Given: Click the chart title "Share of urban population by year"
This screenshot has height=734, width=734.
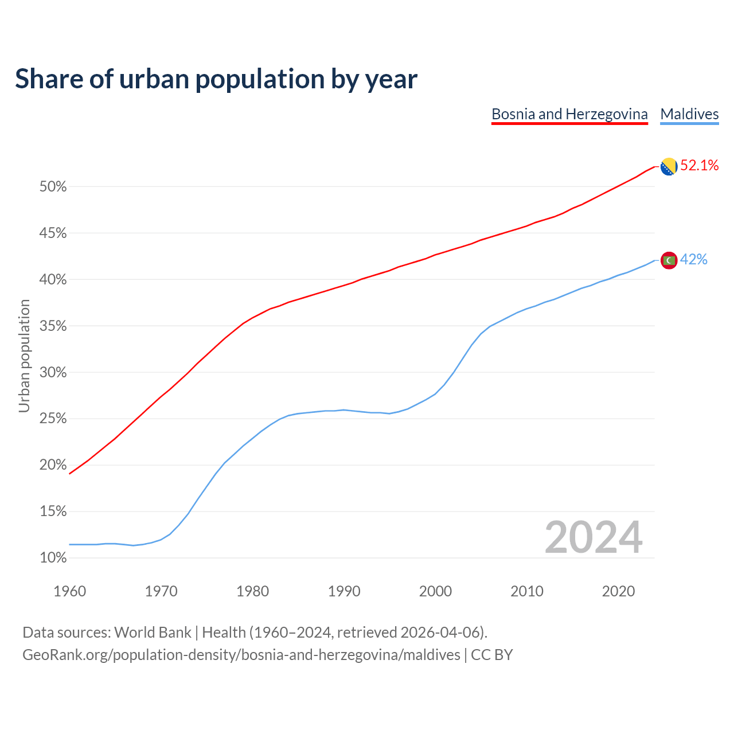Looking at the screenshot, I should click(216, 79).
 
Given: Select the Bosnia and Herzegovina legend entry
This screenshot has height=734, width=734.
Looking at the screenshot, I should click(569, 114).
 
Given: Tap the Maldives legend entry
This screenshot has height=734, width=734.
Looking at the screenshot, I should click(689, 114).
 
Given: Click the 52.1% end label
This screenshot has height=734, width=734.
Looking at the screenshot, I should click(699, 166).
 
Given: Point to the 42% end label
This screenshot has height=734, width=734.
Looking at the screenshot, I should click(693, 260).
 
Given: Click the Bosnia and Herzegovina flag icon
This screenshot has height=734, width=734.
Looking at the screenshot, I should click(669, 166).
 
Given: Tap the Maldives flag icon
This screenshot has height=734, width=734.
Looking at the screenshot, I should click(669, 260).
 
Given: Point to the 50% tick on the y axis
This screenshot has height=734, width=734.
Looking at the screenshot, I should click(53, 187).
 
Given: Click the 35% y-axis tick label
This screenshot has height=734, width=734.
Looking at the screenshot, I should click(53, 326).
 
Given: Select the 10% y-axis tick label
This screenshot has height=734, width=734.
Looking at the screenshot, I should click(53, 558).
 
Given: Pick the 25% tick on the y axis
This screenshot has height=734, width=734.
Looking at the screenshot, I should click(53, 419).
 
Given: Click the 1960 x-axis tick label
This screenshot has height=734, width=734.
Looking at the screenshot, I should click(69, 591).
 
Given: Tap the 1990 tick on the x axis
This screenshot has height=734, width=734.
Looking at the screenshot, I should click(344, 591).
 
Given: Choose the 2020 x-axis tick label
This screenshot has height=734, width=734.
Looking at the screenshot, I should click(618, 591).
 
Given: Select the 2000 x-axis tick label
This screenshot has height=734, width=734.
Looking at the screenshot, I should click(435, 591).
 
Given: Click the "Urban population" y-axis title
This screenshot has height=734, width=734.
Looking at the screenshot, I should click(24, 356).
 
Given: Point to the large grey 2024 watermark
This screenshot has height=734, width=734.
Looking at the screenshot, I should click(594, 538).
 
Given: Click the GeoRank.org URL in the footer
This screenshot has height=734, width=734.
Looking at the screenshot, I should click(241, 655).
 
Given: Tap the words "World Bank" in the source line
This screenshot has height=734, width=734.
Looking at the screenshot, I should click(153, 633).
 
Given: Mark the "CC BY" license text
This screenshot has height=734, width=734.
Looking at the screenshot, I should click(491, 655).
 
